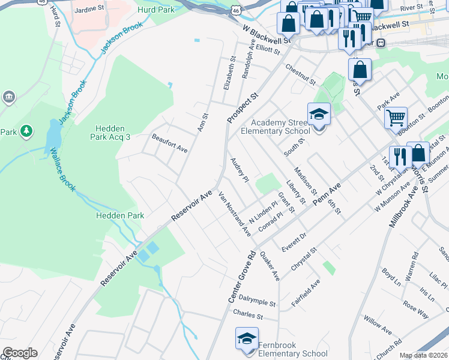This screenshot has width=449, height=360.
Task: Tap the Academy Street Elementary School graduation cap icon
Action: (x=319, y=115)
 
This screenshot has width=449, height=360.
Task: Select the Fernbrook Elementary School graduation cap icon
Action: (x=246, y=340)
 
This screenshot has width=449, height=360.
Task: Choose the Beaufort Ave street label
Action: (x=170, y=142)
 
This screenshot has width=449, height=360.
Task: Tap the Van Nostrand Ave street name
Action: (x=234, y=214)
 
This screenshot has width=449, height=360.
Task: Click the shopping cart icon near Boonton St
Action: (x=396, y=118)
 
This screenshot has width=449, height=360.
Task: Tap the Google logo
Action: (x=20, y=353)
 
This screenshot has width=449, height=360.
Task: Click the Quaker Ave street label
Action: (x=270, y=266)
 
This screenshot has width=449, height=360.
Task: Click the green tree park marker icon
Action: (x=26, y=131)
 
